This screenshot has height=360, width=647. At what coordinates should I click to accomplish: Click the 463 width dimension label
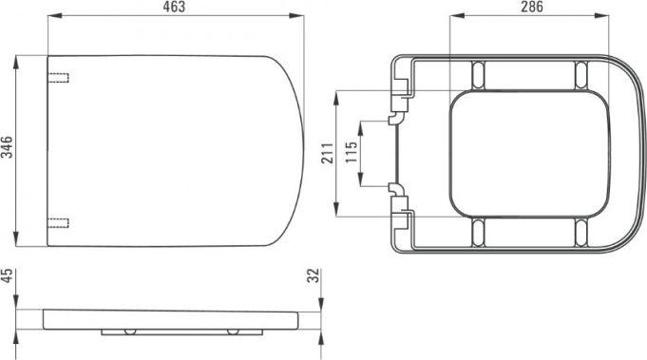pyautogui.click(x=175, y=7)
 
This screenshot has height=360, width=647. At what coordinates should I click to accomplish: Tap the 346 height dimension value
pyautogui.click(x=7, y=147)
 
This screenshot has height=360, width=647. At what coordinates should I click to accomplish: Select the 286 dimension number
pyautogui.click(x=532, y=7)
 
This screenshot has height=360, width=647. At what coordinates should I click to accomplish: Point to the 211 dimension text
pyautogui.click(x=328, y=153)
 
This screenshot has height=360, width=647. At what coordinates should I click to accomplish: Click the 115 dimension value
pyautogui.click(x=352, y=152)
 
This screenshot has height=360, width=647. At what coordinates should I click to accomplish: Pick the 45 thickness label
pyautogui.click(x=7, y=275)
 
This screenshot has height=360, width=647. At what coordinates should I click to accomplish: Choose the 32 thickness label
pyautogui.click(x=314, y=275)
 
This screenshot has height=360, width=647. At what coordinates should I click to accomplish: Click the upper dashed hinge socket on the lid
pyautogui.click(x=58, y=78)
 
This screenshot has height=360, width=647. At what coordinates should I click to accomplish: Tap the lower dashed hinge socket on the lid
pyautogui.click(x=58, y=223)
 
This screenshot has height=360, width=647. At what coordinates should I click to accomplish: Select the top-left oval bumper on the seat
pyautogui.click(x=478, y=75)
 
